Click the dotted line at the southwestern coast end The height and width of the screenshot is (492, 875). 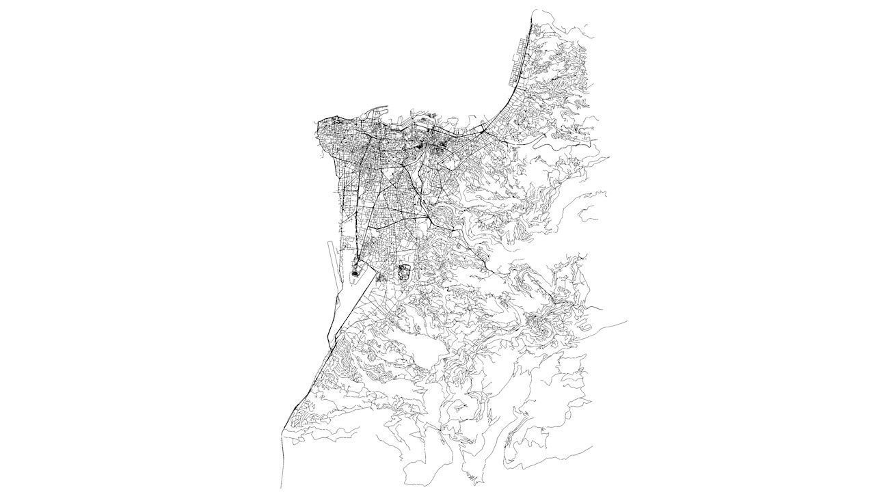[281, 465]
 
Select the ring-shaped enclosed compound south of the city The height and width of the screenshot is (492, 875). [403, 272]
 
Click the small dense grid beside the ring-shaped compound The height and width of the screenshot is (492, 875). [381, 278]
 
